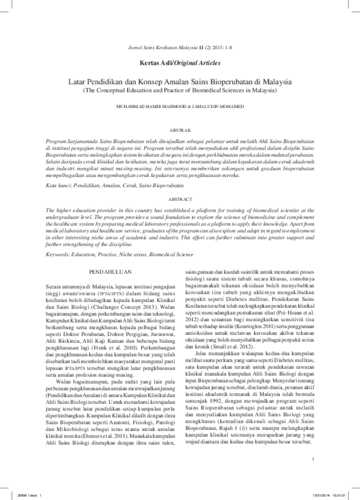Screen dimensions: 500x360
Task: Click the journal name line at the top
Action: (179, 46)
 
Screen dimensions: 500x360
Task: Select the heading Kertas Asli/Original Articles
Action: (179, 62)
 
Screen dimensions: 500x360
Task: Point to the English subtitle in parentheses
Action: (179, 89)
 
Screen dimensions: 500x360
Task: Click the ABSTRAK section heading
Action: (180, 129)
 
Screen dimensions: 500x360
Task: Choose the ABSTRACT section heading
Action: (180, 198)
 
